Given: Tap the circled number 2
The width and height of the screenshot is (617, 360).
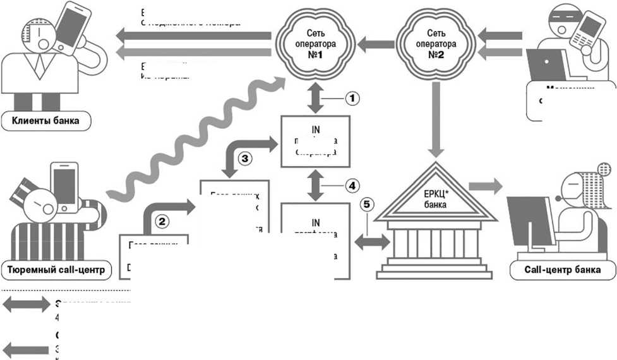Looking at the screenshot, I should point(163,221).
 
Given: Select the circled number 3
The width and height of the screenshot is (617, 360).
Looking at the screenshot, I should point(246,158).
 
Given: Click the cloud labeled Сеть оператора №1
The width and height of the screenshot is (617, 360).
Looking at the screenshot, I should point(316,42).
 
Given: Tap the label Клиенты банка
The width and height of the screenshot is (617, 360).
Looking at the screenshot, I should point(45,120).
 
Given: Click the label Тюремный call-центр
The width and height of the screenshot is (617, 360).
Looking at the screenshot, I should point(56,271).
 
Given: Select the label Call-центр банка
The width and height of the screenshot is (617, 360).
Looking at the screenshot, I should point(562,271).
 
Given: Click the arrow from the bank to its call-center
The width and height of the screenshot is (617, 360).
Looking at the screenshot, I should point(488,186).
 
